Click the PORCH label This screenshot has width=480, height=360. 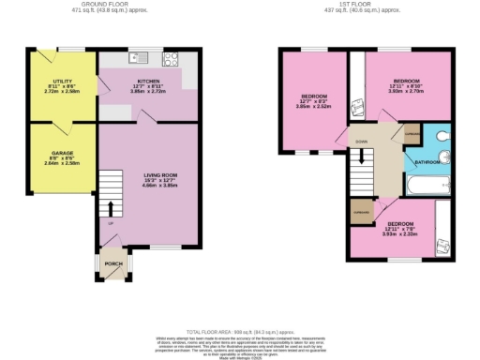(113, 263)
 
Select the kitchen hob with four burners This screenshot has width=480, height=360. (171, 58)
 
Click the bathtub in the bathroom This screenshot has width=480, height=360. (424, 189)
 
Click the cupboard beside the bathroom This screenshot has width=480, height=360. (412, 136)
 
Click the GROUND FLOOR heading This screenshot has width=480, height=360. (107, 5)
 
